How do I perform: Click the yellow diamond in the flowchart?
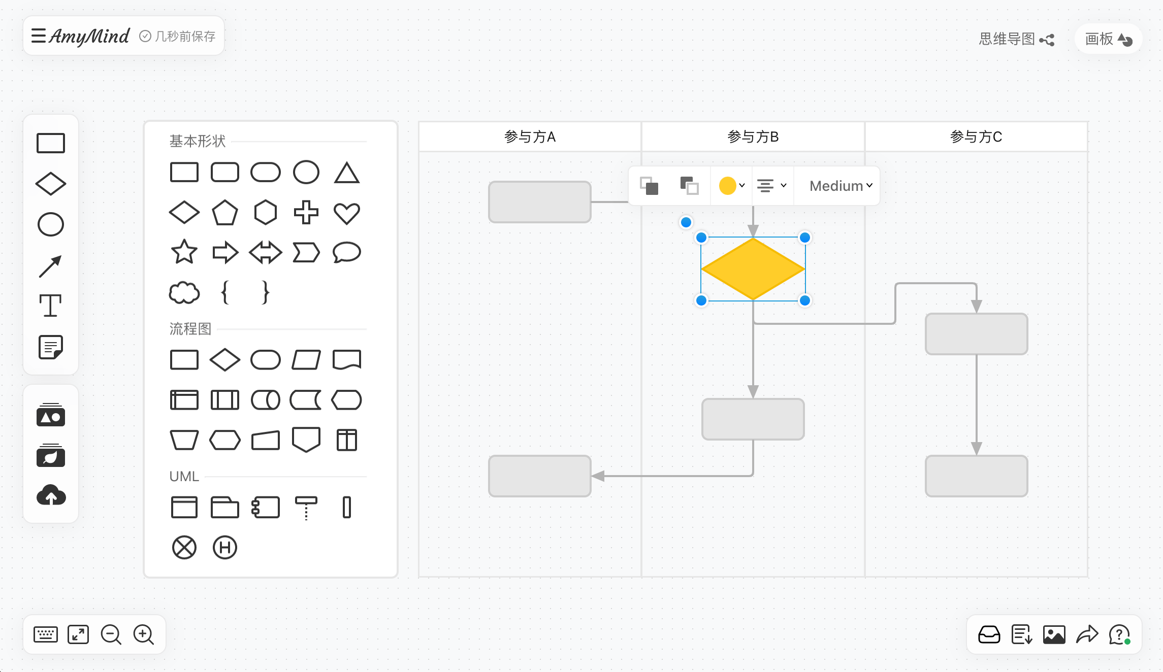click(x=753, y=269)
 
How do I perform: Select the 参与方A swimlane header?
click(x=530, y=137)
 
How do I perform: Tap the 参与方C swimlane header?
click(x=976, y=137)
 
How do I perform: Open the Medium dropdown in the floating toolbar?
click(x=841, y=186)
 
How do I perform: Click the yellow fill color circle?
click(x=727, y=186)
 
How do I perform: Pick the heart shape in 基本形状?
click(x=347, y=213)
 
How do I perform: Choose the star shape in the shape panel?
click(x=184, y=252)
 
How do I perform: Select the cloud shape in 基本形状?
click(x=184, y=293)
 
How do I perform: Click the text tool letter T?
click(x=51, y=306)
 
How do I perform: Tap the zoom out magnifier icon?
click(x=111, y=635)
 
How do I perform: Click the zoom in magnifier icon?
click(x=144, y=635)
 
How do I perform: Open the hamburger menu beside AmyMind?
click(x=39, y=36)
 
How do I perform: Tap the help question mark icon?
click(x=1119, y=635)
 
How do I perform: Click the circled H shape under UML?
click(x=225, y=548)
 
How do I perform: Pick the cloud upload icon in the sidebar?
click(x=51, y=495)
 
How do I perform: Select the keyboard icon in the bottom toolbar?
click(x=46, y=635)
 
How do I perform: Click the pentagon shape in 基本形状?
click(x=225, y=213)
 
